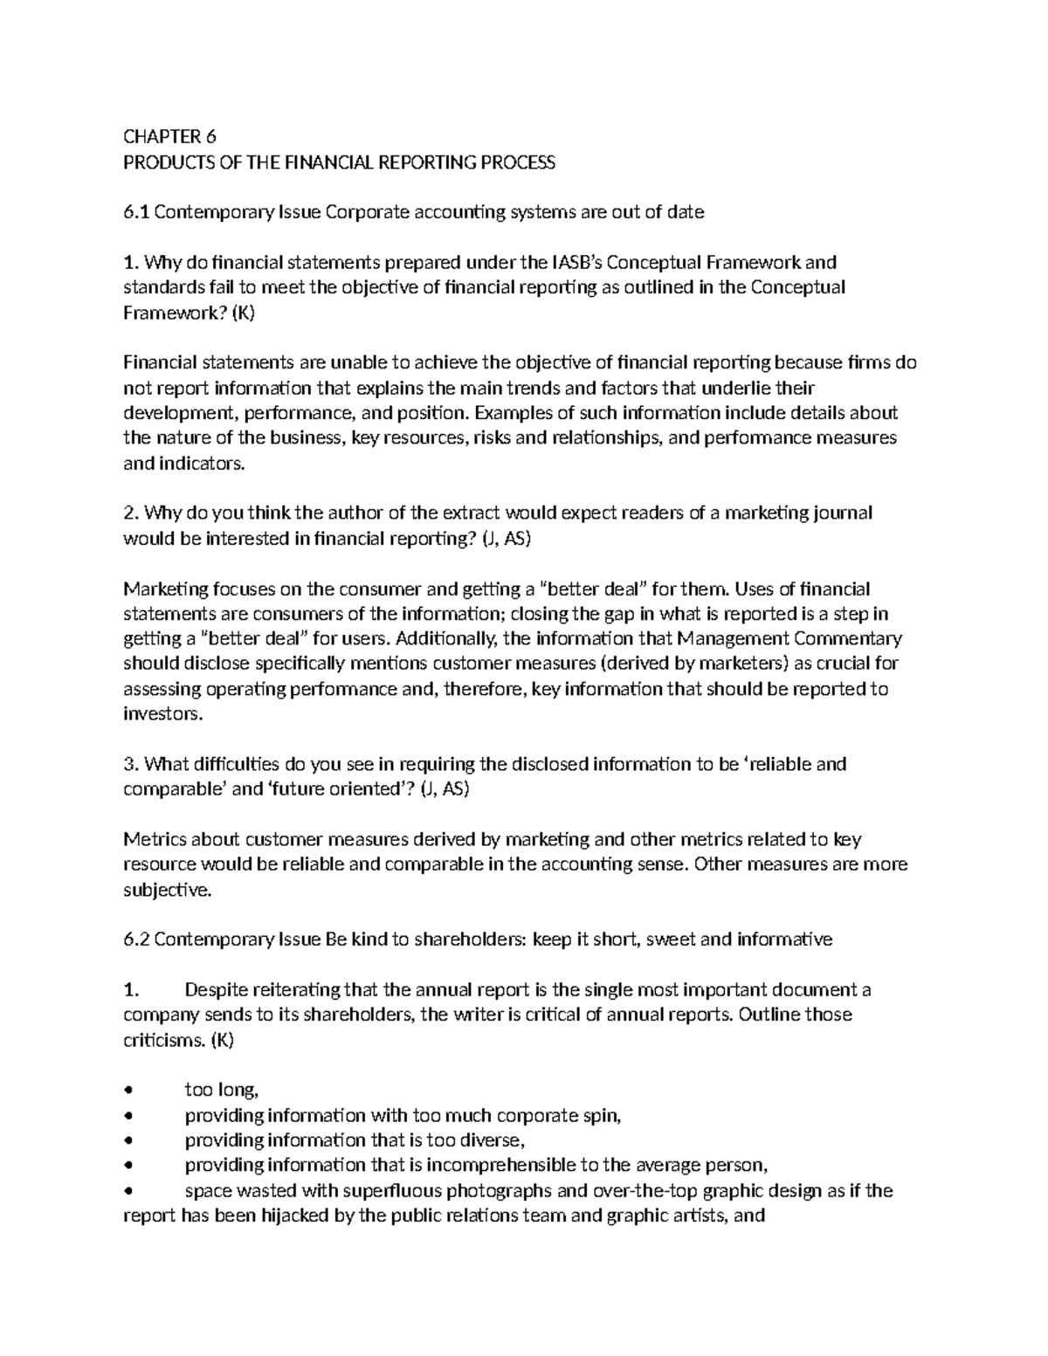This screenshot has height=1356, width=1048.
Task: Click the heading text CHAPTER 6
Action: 169,137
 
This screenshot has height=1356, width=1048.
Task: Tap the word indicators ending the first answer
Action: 202,464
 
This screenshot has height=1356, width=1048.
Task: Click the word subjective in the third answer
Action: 166,891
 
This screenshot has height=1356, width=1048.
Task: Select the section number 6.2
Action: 137,940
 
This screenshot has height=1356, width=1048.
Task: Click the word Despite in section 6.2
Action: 215,991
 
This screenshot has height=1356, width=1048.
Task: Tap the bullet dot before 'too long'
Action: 129,1090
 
